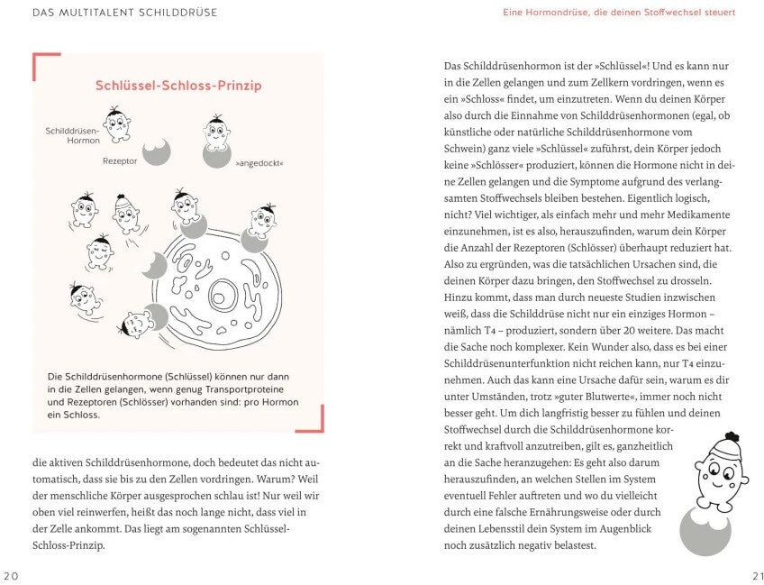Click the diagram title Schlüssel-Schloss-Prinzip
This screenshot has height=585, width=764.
click(178, 86)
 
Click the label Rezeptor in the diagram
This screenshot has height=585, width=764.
click(120, 161)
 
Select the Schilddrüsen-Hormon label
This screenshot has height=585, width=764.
click(72, 135)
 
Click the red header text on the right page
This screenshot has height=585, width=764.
click(619, 12)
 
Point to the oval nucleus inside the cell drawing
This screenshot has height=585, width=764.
click(222, 293)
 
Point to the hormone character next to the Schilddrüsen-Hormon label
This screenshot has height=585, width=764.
click(114, 124)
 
